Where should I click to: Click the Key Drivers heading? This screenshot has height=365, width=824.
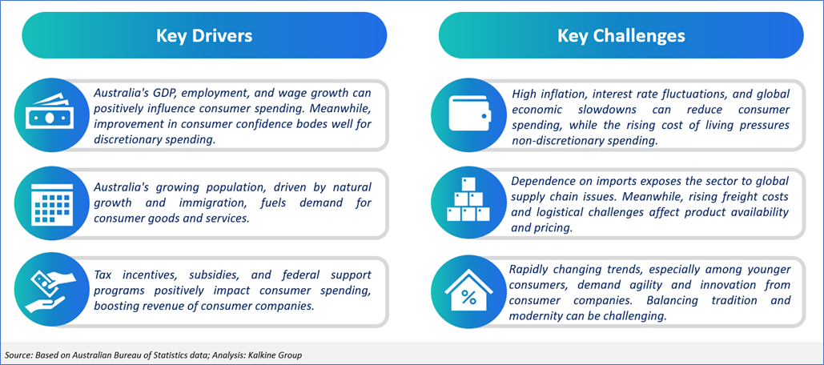(204, 36)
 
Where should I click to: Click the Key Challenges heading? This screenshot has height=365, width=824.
(621, 36)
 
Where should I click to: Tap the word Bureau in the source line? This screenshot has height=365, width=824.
(119, 355)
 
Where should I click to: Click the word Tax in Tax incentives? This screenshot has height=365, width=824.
(103, 275)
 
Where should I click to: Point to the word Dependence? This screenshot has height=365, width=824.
(537, 181)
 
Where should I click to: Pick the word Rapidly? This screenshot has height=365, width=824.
(529, 270)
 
